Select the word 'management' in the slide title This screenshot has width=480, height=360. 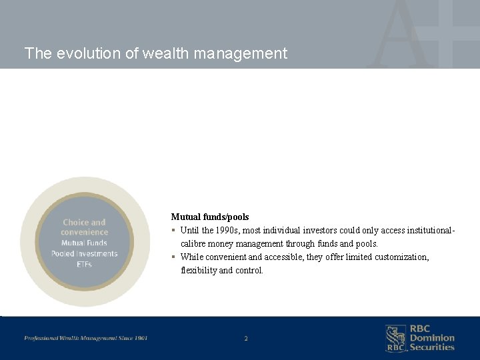coord(241,53)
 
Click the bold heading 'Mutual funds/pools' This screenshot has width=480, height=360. coord(209,217)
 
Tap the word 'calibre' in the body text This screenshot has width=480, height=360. coord(195,244)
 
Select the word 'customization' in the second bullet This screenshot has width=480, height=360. coord(401,257)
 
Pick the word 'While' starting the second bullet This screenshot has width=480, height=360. coord(192,257)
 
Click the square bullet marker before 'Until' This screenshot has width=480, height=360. coord(173,231)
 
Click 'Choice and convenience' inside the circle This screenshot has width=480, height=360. coord(84,227)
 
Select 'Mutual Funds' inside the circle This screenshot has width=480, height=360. coord(84,243)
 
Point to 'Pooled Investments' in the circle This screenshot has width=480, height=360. coord(84,253)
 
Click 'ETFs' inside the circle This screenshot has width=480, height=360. coord(84,264)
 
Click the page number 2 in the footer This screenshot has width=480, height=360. coord(245,339)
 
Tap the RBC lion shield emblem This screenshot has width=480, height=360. coord(396,338)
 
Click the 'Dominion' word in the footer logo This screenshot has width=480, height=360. coord(431,338)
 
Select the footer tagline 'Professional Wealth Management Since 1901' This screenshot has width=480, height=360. coord(86,338)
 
